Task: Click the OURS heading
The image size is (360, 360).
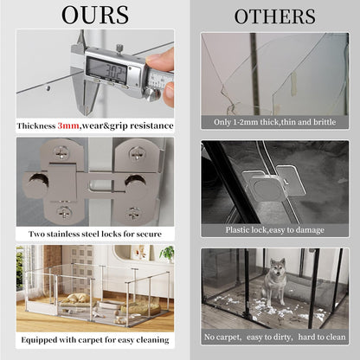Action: (x=94, y=15)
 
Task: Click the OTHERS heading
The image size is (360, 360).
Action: (x=274, y=16)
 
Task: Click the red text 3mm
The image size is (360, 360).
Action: (x=68, y=125)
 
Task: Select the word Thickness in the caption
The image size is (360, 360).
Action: (x=36, y=125)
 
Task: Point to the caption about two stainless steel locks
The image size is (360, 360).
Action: (x=94, y=234)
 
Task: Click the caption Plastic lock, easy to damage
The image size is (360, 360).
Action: (x=274, y=229)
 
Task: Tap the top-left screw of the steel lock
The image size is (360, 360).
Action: (x=61, y=153)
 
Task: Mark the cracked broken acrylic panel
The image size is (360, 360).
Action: (x=260, y=74)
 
